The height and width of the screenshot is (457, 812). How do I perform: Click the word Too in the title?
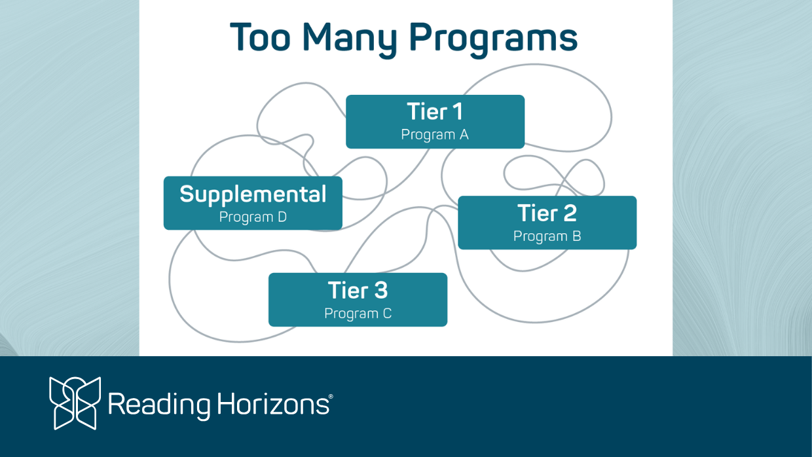click(x=260, y=37)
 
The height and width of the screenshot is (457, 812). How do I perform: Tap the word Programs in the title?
click(x=493, y=39)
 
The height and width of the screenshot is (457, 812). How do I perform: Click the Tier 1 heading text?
click(x=435, y=111)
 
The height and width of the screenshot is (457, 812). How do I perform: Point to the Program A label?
click(x=435, y=135)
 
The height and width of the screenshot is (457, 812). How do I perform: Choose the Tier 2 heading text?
click(x=547, y=213)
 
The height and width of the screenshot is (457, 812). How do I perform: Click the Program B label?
click(x=547, y=236)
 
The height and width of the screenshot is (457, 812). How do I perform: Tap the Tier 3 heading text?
click(x=358, y=290)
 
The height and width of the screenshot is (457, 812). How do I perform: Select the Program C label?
click(x=358, y=314)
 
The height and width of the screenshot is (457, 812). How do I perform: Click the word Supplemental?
click(x=253, y=195)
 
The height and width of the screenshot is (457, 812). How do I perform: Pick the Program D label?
click(x=253, y=217)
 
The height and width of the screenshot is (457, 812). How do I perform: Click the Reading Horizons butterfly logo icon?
click(x=75, y=403)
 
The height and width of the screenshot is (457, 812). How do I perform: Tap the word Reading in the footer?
click(x=159, y=405)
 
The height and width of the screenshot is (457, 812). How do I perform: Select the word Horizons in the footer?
click(x=273, y=403)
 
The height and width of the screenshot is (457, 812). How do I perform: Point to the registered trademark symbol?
click(x=331, y=397)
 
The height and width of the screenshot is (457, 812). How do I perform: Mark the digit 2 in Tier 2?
click(x=570, y=213)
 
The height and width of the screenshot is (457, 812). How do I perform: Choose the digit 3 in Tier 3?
click(x=381, y=290)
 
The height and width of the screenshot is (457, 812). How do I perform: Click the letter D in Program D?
click(x=282, y=217)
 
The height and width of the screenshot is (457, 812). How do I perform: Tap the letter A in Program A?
click(x=464, y=134)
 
